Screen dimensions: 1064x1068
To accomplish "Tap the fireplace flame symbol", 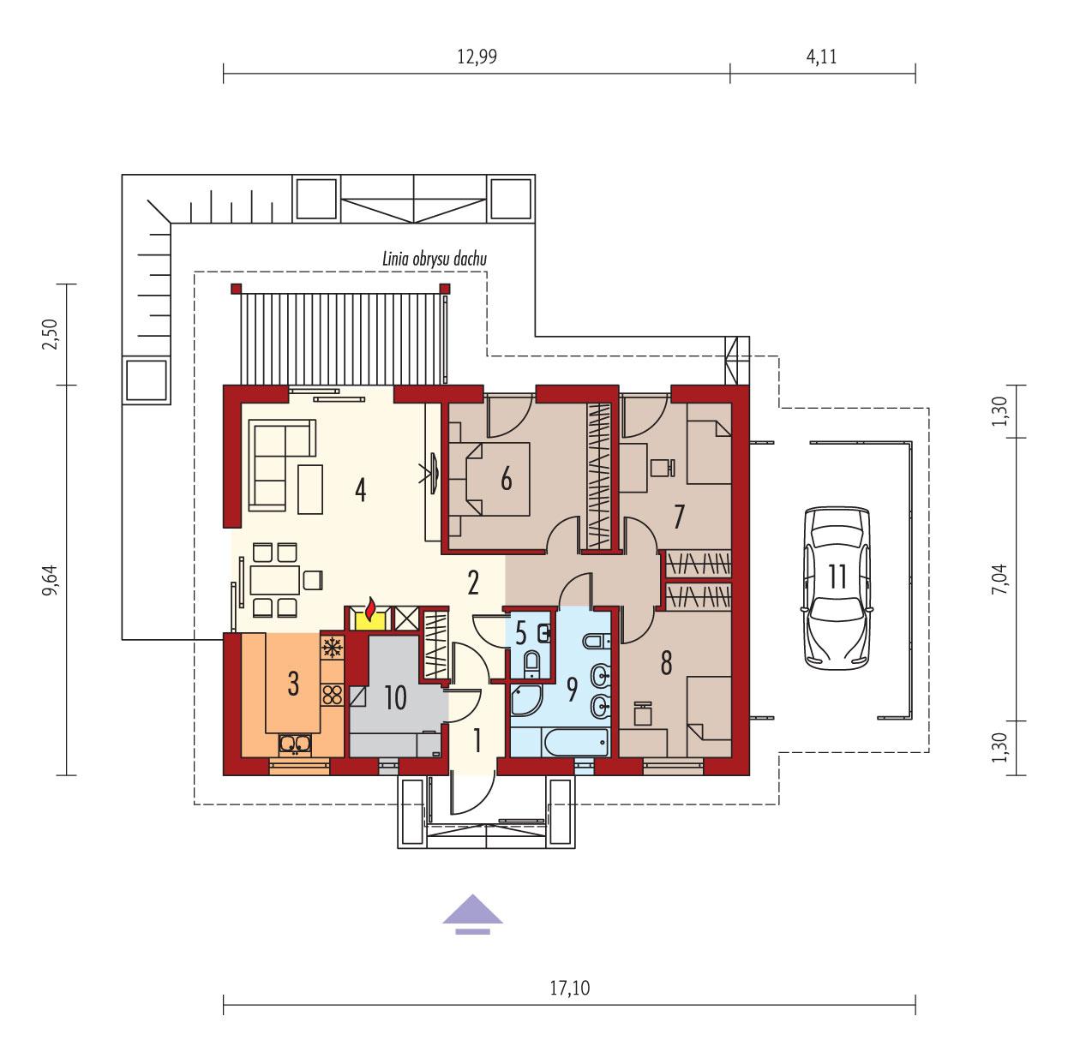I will pyautogui.click(x=369, y=609).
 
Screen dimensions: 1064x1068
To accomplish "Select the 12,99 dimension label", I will pyautogui.click(x=477, y=57).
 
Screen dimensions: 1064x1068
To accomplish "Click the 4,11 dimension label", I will pyautogui.click(x=821, y=57).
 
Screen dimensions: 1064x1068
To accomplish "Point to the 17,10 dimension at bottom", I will pyautogui.click(x=569, y=988).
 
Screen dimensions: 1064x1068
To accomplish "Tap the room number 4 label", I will pyautogui.click(x=360, y=491).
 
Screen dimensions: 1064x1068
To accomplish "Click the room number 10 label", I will pyautogui.click(x=393, y=698).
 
